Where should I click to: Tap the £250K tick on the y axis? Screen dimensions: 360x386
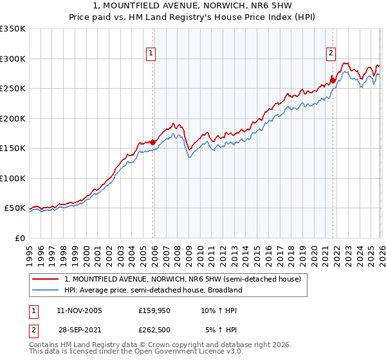click(13, 89)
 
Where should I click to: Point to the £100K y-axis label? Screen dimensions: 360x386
click(13, 178)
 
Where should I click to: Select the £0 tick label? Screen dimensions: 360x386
click(19, 238)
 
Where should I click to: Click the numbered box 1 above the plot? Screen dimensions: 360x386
click(151, 54)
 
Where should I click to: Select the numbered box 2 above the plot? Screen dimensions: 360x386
click(331, 54)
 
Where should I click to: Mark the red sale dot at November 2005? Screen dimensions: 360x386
click(152, 142)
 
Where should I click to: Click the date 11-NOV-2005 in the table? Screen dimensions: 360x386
click(79, 310)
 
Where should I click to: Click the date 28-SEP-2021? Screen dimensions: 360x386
click(79, 330)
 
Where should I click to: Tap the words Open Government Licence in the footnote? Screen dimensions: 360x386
click(174, 352)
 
